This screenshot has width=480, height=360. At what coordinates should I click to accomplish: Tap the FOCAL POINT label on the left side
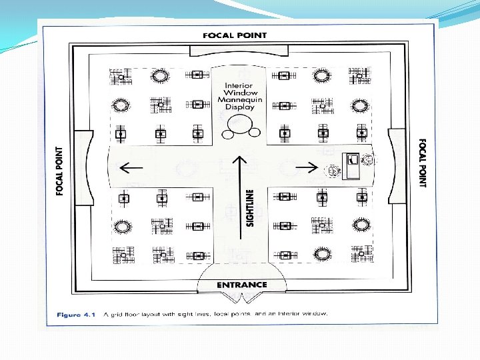60,171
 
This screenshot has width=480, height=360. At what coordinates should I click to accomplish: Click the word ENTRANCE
241,285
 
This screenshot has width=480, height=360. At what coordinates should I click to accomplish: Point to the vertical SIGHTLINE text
250,207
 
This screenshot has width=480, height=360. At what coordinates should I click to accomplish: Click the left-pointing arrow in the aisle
129,167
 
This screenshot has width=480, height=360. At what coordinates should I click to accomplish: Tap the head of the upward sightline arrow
240,160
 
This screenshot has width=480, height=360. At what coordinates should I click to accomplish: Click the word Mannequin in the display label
240,99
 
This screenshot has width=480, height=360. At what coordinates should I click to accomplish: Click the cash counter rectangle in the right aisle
351,165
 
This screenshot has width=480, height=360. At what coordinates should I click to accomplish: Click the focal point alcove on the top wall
239,51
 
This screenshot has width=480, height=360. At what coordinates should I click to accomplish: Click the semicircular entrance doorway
241,279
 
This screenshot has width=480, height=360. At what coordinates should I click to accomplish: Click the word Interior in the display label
239,85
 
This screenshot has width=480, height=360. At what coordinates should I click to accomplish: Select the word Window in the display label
239,93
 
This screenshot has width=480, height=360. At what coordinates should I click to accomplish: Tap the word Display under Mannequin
239,107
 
